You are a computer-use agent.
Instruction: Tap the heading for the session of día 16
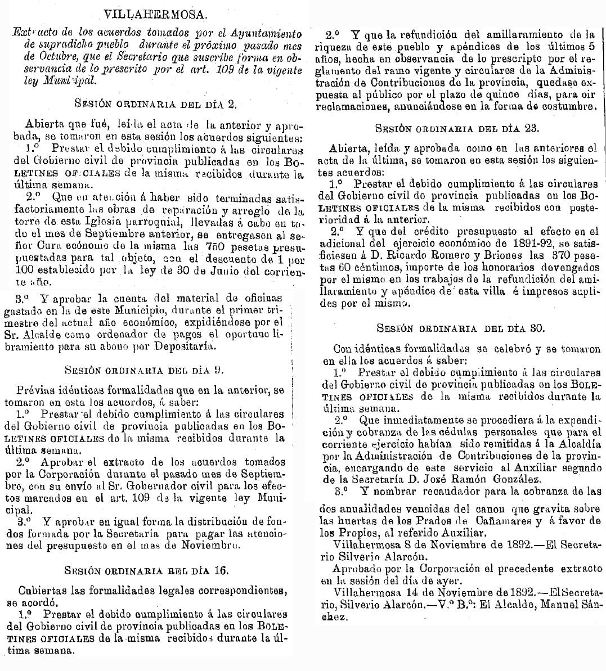tap(146, 570)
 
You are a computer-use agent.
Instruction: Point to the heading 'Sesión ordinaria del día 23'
tap(457, 128)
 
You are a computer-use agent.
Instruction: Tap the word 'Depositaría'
tap(185, 346)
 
